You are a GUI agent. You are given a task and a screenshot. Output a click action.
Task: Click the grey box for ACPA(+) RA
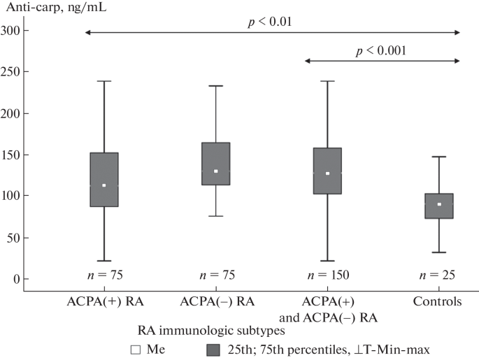click(103, 180)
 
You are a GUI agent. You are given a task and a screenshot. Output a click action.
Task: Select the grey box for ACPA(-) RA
click(216, 164)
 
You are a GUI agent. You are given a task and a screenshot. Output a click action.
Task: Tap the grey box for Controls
click(438, 206)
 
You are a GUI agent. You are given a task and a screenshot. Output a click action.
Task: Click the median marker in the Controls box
click(438, 204)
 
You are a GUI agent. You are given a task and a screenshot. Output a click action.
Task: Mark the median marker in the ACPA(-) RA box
click(216, 171)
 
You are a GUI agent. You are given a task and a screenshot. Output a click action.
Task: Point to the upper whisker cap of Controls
click(438, 157)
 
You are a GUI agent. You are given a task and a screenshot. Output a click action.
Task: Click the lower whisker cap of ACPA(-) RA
click(216, 216)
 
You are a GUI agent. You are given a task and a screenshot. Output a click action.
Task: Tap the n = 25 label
click(438, 276)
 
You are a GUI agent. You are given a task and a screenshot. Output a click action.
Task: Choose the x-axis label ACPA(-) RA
click(216, 302)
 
